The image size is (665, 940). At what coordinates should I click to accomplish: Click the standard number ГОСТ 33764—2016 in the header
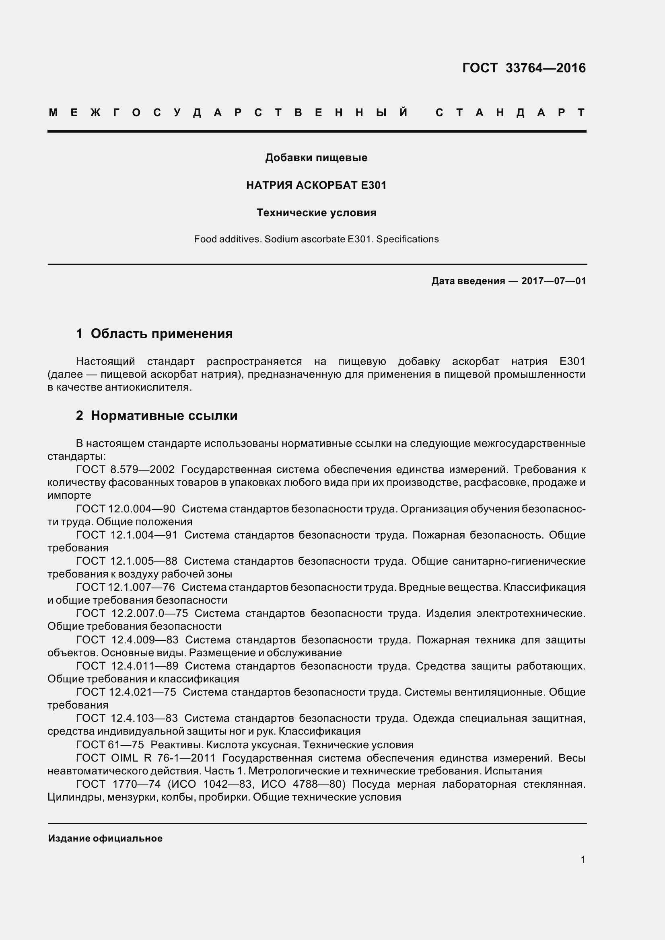click(x=524, y=68)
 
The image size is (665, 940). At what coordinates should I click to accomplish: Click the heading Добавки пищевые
click(x=316, y=158)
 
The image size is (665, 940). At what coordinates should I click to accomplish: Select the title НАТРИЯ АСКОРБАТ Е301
click(x=316, y=185)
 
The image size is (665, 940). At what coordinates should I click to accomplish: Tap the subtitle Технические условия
click(x=316, y=213)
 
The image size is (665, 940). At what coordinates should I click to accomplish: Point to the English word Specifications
click(x=407, y=239)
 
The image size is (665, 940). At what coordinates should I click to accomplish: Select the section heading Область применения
click(x=161, y=334)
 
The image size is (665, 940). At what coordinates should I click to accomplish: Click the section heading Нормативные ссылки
click(x=164, y=416)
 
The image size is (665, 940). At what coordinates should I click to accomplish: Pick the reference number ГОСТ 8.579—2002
click(x=126, y=469)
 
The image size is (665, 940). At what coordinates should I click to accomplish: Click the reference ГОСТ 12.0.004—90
click(x=126, y=509)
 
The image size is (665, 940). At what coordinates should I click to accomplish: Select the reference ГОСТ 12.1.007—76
click(x=126, y=587)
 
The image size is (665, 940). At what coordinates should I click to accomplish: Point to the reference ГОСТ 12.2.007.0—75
click(x=132, y=613)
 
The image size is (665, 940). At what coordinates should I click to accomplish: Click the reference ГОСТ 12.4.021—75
click(x=126, y=692)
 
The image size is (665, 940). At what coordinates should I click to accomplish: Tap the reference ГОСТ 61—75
click(x=110, y=744)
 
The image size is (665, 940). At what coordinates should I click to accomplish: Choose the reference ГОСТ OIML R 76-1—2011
click(x=146, y=758)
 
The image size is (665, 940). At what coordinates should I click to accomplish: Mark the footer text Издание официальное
click(x=105, y=838)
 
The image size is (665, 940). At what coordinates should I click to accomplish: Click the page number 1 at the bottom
click(x=583, y=859)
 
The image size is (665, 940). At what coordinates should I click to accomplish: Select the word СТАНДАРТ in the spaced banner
click(x=510, y=113)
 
